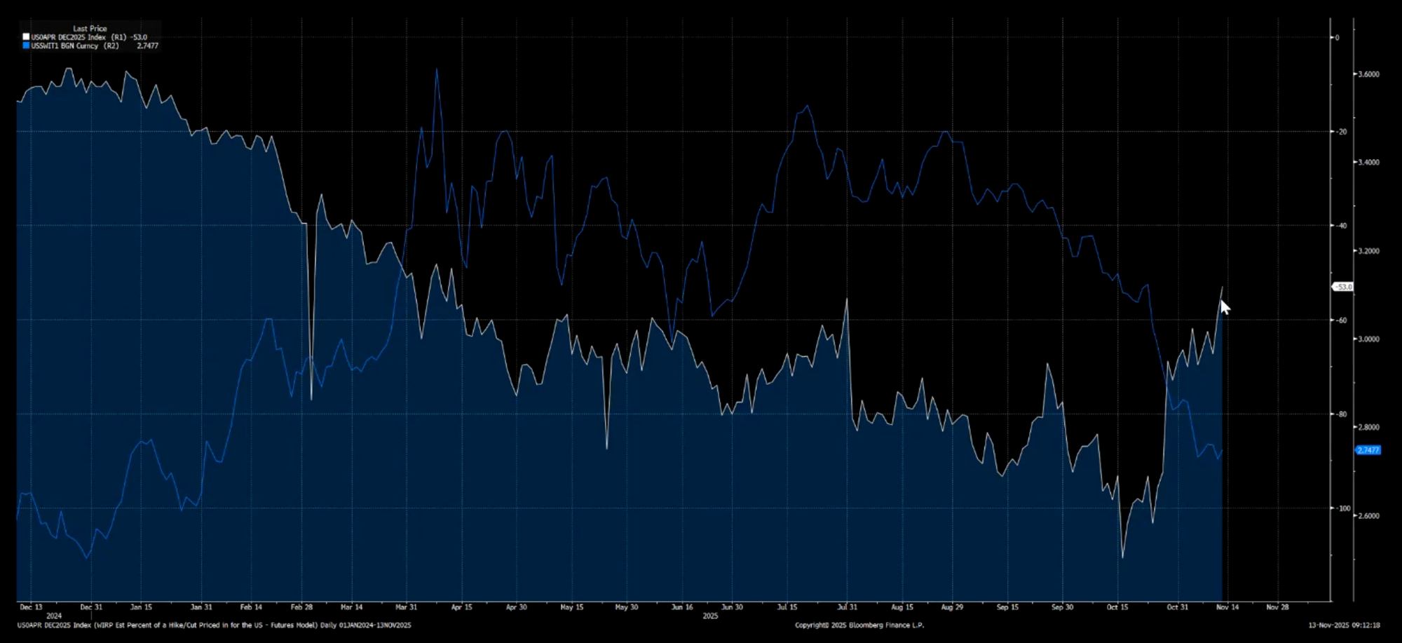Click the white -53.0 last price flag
coord(1343,287)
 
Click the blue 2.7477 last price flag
coord(1368,450)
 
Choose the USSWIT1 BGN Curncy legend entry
coord(74,46)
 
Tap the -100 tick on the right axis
coord(1342,508)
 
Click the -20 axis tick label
coord(1340,132)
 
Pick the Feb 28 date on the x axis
coord(301,607)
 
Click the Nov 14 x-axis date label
coord(1227,607)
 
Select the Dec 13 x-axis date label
coord(31,607)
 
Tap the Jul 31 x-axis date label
coord(847,607)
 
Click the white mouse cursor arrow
coord(1225,307)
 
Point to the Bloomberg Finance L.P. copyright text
coord(859,625)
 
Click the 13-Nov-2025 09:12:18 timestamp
coord(1344,625)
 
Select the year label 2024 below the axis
coord(54,616)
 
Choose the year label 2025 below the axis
coord(710,616)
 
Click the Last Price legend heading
coord(90,29)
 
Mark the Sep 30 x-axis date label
coord(1062,607)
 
